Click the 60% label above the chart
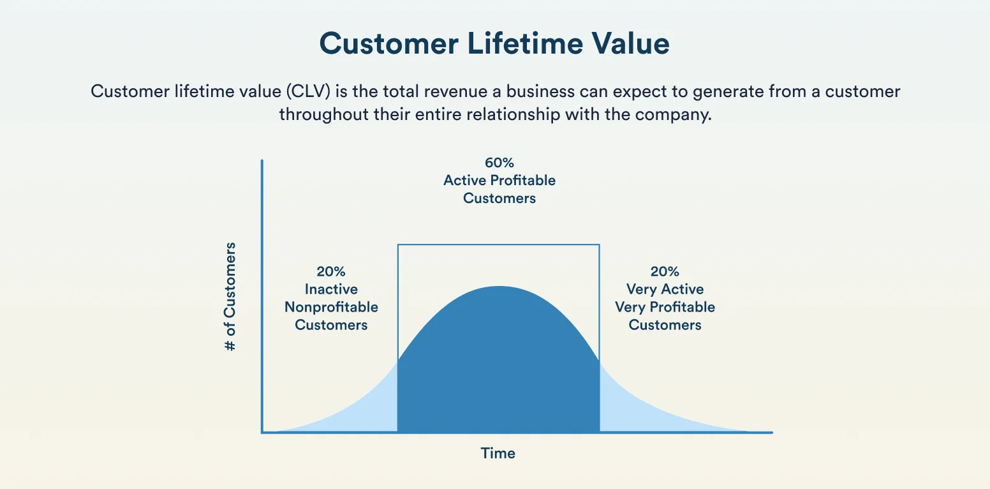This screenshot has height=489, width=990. tap(499, 163)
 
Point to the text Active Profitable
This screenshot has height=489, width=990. tap(499, 181)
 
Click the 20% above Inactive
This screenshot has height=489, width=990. tap(330, 271)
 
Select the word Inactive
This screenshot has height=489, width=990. tap(330, 289)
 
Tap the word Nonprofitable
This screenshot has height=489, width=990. tap(330, 307)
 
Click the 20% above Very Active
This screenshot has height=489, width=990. tap(665, 271)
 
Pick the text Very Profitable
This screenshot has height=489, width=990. tap(665, 307)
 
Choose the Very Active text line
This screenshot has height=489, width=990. tap(665, 289)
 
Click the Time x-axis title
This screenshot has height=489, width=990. tap(498, 453)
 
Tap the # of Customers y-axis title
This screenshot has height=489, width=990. tap(230, 296)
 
